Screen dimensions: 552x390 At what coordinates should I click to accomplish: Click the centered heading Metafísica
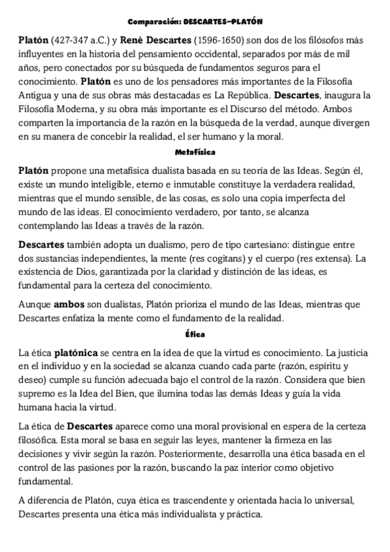(x=195, y=152)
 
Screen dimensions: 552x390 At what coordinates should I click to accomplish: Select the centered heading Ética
(x=195, y=335)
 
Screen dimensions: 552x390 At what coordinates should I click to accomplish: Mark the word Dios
(x=91, y=271)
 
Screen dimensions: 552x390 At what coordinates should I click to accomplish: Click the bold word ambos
(x=69, y=303)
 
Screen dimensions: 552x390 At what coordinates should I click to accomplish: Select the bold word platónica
(x=77, y=353)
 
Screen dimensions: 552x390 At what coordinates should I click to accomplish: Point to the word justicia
(x=350, y=353)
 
